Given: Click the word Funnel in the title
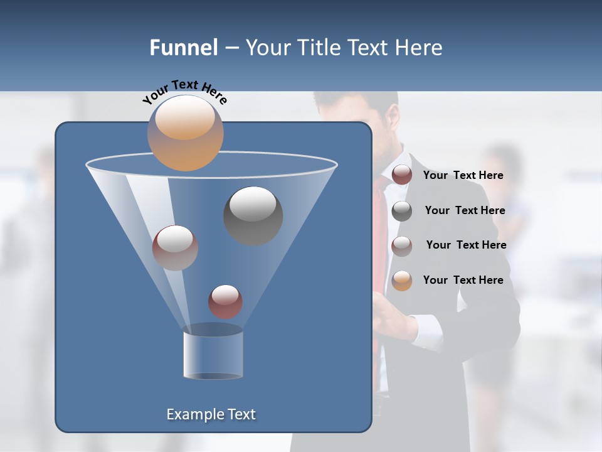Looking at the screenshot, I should [183, 48].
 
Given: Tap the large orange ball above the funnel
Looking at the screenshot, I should [186, 133].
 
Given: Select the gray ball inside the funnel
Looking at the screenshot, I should [253, 215].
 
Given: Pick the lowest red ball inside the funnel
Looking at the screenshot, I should [225, 301].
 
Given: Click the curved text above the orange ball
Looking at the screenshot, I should [184, 91].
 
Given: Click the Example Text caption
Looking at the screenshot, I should [211, 414].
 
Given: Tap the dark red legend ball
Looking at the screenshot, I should [402, 175].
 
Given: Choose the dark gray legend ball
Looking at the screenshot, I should [402, 211].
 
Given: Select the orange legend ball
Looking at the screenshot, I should [402, 281].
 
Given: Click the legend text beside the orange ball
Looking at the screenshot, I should [463, 280].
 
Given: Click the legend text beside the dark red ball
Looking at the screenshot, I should [463, 175].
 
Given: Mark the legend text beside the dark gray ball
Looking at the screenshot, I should [465, 210].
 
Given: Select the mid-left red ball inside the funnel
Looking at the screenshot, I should [175, 247].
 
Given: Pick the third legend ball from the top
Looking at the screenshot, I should [402, 246].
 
